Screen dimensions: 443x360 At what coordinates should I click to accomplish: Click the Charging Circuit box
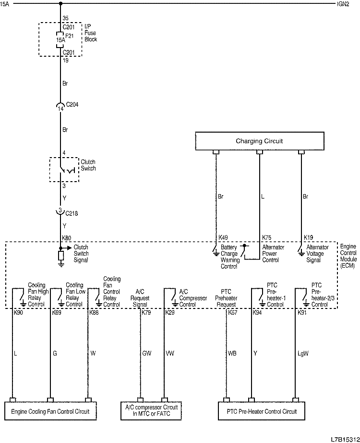click(x=259, y=141)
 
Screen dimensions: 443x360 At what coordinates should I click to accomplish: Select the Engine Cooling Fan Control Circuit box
click(x=50, y=411)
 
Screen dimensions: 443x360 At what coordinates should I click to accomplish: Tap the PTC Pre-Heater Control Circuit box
click(x=262, y=411)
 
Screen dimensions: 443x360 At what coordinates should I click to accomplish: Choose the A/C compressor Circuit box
click(x=152, y=411)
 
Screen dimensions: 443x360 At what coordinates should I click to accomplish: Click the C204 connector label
click(x=72, y=104)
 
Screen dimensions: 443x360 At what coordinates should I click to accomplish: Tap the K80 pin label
click(x=66, y=237)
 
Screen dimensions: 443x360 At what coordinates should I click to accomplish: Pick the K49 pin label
click(x=223, y=237)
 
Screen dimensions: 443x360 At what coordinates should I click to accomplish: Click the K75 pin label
click(x=267, y=237)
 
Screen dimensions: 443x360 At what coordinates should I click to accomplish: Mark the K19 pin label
click(x=308, y=237)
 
